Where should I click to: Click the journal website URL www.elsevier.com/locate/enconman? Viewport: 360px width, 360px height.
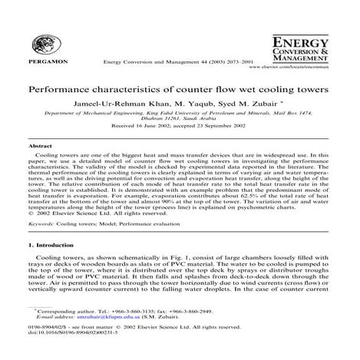(302, 68)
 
